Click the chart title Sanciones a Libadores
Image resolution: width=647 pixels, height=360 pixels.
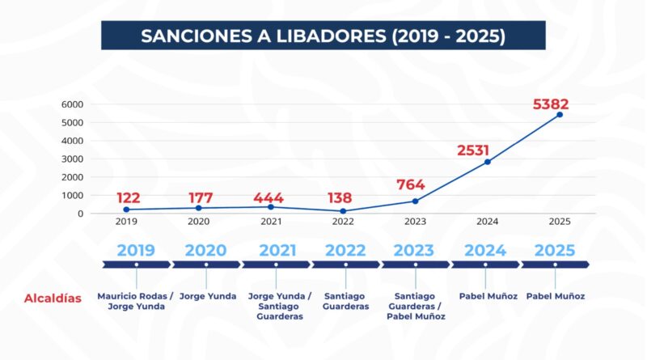point(323,36)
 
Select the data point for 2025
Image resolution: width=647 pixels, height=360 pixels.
point(560,115)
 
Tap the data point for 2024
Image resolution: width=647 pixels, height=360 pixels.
point(487,162)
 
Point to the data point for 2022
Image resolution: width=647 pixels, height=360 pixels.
point(343,211)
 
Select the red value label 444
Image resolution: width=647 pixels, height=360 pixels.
point(269,197)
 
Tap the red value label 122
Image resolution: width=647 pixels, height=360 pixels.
point(128,198)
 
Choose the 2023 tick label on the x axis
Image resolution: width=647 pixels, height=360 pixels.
point(415,221)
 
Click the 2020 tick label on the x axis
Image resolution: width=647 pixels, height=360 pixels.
point(198,221)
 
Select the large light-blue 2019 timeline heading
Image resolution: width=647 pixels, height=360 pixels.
point(135,250)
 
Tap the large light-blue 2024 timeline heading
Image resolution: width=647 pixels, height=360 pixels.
point(485,250)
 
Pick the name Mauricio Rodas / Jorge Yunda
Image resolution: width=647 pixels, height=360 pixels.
point(136,302)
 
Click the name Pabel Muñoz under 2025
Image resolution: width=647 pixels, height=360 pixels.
point(555,296)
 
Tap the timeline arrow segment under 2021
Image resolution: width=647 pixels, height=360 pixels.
point(275,265)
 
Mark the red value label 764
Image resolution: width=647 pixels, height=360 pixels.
point(411,184)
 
